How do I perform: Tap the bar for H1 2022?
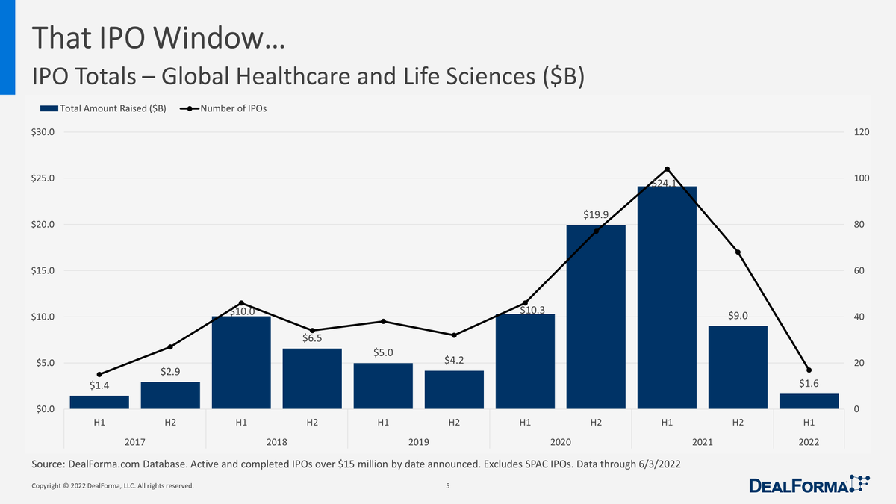[809, 401]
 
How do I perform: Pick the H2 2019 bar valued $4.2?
[454, 390]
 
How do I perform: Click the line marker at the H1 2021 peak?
[667, 169]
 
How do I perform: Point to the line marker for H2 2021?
[738, 252]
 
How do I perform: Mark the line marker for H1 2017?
[99, 375]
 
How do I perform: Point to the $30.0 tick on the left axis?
[43, 132]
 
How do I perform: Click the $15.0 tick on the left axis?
[43, 270]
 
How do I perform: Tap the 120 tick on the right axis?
[860, 132]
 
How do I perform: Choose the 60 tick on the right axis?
[858, 270]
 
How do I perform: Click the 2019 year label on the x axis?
[418, 442]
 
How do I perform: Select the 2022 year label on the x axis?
[809, 442]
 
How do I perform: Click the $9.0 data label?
[738, 316]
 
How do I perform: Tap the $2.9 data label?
[170, 371]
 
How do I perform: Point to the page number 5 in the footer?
[447, 486]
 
